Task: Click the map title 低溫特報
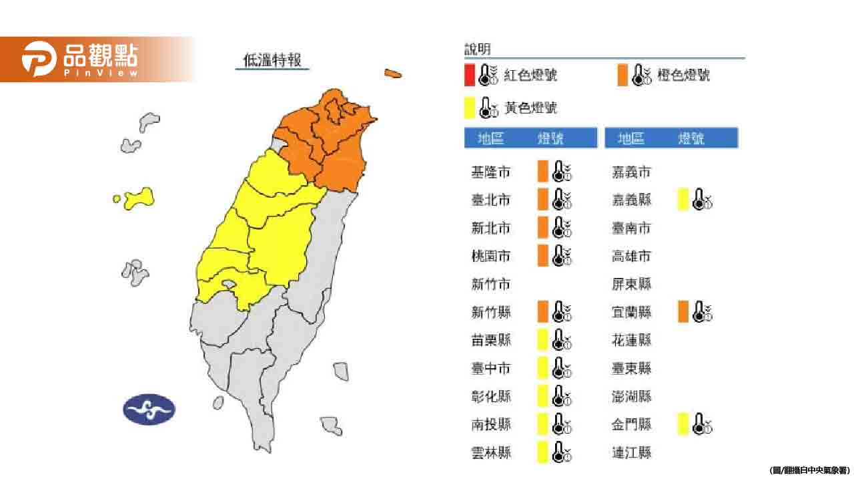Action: point(272,61)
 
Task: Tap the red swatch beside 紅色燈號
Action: point(470,75)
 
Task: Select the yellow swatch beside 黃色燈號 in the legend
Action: point(470,107)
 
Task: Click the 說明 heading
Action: point(477,49)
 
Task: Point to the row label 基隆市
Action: point(490,172)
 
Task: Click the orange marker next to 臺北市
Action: point(543,199)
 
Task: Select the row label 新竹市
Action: point(490,285)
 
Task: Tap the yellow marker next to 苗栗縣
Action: point(543,340)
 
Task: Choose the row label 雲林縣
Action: point(490,453)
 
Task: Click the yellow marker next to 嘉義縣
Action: point(683,200)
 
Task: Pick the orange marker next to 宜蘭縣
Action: point(683,312)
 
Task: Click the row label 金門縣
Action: point(631,424)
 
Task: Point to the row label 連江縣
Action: point(631,453)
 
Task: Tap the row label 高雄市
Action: point(631,257)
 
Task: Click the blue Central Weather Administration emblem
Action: point(149,410)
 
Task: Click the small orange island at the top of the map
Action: point(393,73)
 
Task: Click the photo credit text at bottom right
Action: point(809,470)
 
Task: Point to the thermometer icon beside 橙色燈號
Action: point(641,75)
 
